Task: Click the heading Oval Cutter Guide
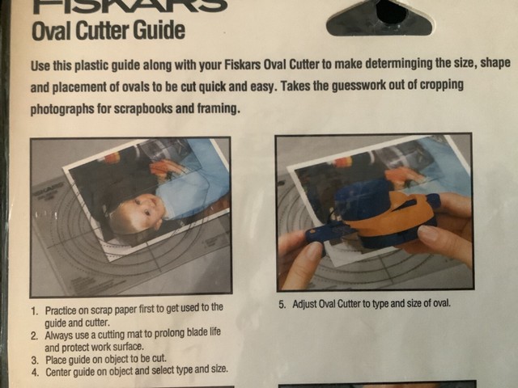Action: pyautogui.click(x=108, y=32)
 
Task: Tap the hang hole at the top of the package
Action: pyautogui.click(x=391, y=11)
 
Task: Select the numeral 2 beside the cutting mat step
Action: pyautogui.click(x=33, y=334)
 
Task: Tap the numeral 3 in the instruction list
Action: pyautogui.click(x=33, y=357)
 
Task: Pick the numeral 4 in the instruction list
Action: pyautogui.click(x=33, y=369)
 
